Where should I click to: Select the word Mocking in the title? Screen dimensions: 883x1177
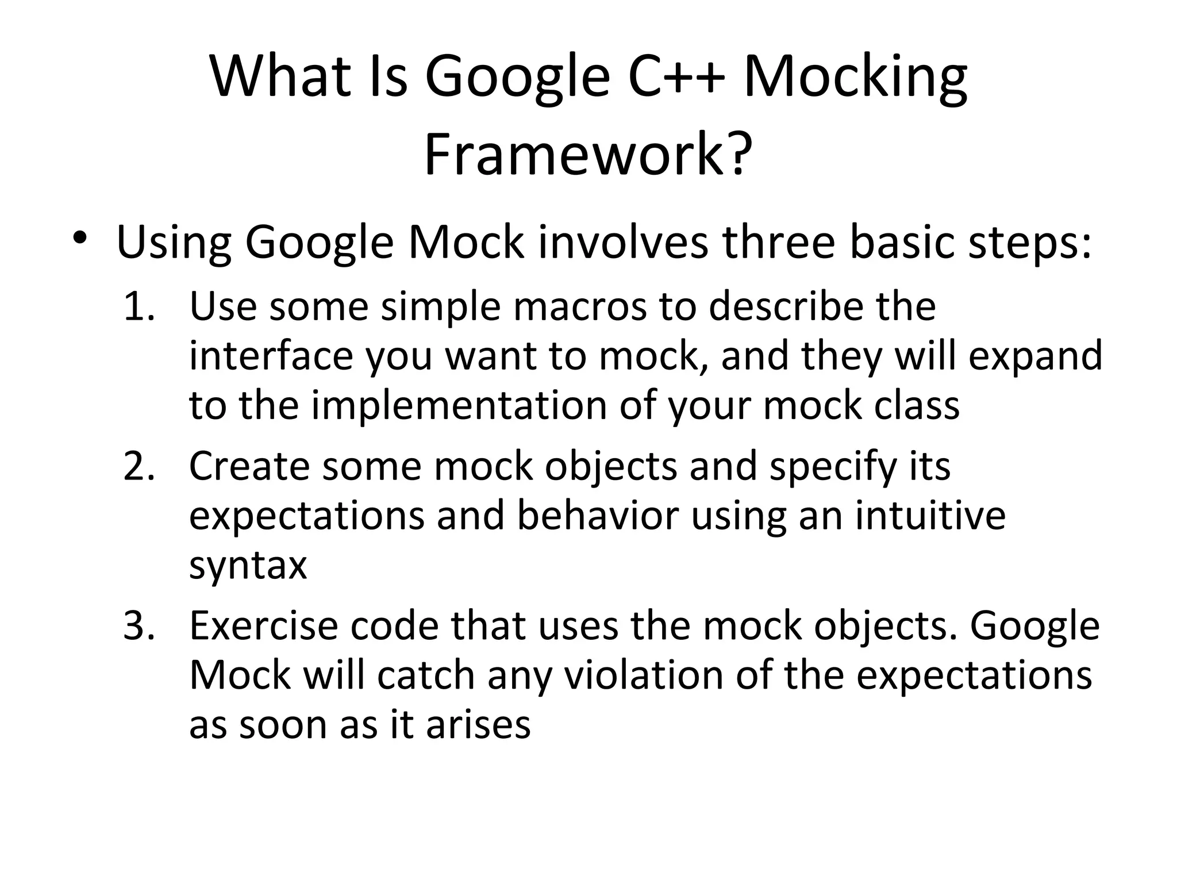[x=855, y=78]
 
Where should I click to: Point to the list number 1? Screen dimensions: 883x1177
[x=139, y=306]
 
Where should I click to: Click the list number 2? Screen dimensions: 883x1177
[x=139, y=466]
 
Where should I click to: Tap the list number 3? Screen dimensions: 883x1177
[x=139, y=626]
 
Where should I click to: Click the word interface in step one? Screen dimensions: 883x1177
[x=271, y=356]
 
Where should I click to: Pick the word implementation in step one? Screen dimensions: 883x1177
[x=459, y=406]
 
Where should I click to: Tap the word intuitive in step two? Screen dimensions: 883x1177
[x=930, y=516]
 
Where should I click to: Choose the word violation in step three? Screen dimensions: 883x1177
[x=643, y=675]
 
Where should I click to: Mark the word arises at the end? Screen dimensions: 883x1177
[x=478, y=725]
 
